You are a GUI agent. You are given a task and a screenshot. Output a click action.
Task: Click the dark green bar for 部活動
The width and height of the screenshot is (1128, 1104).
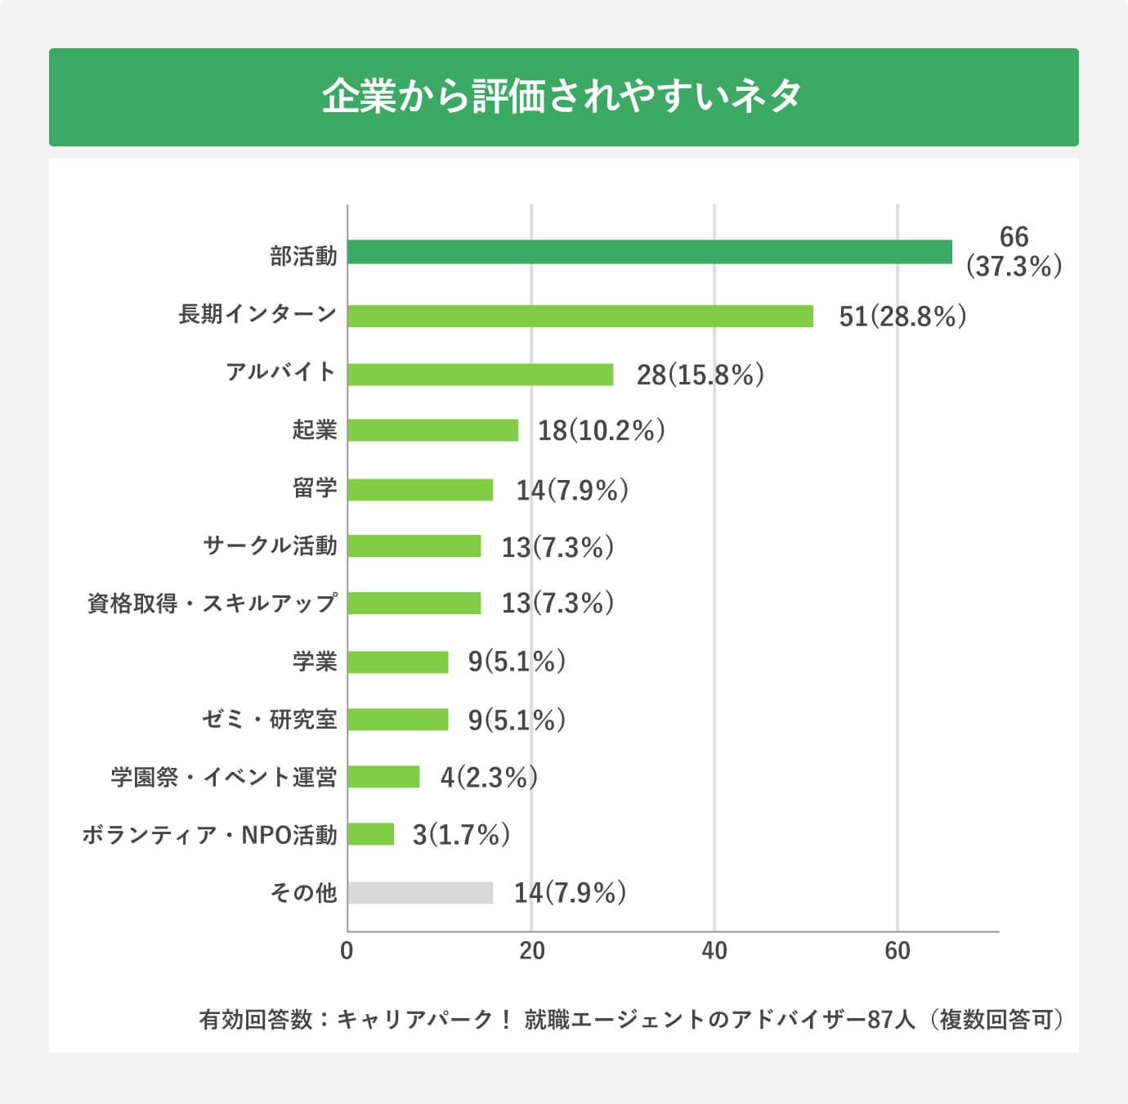click(650, 252)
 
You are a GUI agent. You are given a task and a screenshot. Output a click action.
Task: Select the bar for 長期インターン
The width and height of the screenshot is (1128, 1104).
click(580, 316)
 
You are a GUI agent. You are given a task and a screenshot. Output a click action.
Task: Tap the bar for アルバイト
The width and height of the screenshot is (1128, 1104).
click(481, 375)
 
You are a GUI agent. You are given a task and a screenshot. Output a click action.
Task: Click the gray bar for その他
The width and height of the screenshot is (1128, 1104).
click(420, 893)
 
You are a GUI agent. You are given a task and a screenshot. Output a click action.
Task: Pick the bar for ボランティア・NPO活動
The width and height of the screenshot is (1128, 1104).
click(371, 834)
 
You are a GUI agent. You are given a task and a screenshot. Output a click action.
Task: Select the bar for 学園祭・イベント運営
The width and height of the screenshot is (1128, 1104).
click(383, 777)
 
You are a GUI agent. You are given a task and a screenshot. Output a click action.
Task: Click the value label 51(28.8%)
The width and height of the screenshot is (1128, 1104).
click(902, 316)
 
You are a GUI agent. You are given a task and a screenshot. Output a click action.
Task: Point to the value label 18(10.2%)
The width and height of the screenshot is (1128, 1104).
click(601, 431)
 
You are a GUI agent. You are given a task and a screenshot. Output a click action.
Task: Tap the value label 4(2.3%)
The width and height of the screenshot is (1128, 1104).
click(489, 777)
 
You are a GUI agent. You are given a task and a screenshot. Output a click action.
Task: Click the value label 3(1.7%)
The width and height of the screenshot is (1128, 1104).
click(461, 835)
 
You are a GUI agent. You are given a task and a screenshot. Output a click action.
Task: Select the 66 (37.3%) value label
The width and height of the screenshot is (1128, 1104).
click(1014, 252)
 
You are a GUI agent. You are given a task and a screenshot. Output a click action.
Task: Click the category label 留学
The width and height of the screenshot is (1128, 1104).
click(315, 488)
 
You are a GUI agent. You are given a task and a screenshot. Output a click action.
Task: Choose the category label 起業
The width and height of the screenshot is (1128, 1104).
click(315, 430)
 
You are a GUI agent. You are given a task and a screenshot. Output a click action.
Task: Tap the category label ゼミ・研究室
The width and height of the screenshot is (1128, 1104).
click(269, 720)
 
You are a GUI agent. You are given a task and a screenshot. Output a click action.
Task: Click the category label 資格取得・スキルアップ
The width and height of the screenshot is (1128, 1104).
click(212, 604)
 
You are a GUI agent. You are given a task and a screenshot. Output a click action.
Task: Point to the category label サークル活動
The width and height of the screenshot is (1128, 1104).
click(270, 545)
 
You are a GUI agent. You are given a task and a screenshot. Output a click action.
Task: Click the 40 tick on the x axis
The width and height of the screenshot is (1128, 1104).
click(714, 951)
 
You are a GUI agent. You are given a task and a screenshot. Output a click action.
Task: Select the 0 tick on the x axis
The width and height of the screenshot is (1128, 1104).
click(347, 951)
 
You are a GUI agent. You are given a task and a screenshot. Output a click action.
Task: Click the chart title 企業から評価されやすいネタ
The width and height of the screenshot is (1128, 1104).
click(563, 96)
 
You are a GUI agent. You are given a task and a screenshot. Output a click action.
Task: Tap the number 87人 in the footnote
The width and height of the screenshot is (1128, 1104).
click(891, 1020)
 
